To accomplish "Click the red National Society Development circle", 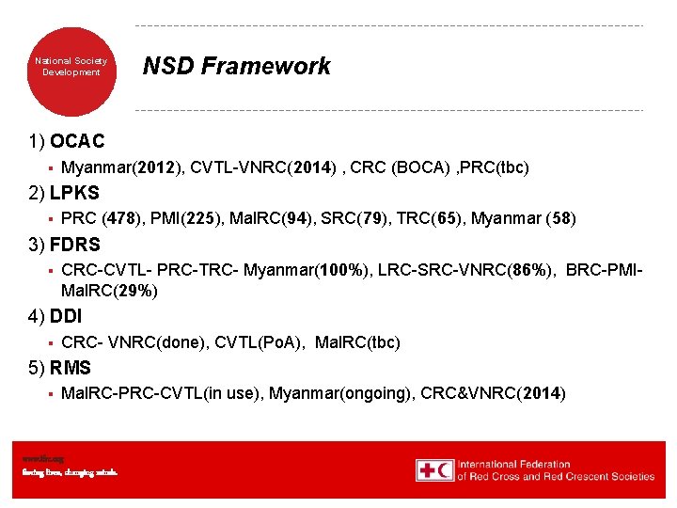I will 71,67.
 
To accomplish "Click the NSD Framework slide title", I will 236,66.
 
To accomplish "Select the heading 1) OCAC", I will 67,142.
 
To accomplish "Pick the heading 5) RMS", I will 62,368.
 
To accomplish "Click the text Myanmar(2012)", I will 120,168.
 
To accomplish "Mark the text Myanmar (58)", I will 524,220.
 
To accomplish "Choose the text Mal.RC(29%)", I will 109,292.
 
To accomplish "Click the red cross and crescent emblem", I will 435,470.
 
